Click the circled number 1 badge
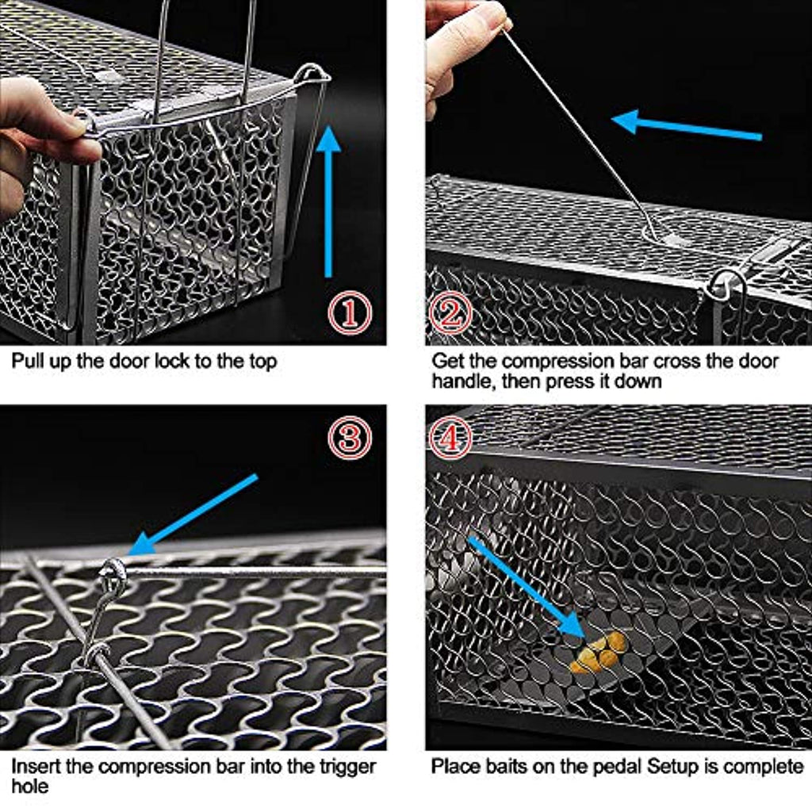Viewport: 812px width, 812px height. (350, 312)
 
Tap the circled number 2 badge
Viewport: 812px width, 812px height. (450, 312)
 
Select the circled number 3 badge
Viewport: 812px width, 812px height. (350, 438)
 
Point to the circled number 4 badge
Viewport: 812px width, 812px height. (449, 438)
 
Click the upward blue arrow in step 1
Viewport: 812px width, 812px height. (328, 202)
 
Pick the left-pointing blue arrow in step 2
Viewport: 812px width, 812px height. (686, 126)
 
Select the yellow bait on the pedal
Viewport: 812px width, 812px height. (599, 653)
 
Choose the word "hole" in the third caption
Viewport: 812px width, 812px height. (29, 787)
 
